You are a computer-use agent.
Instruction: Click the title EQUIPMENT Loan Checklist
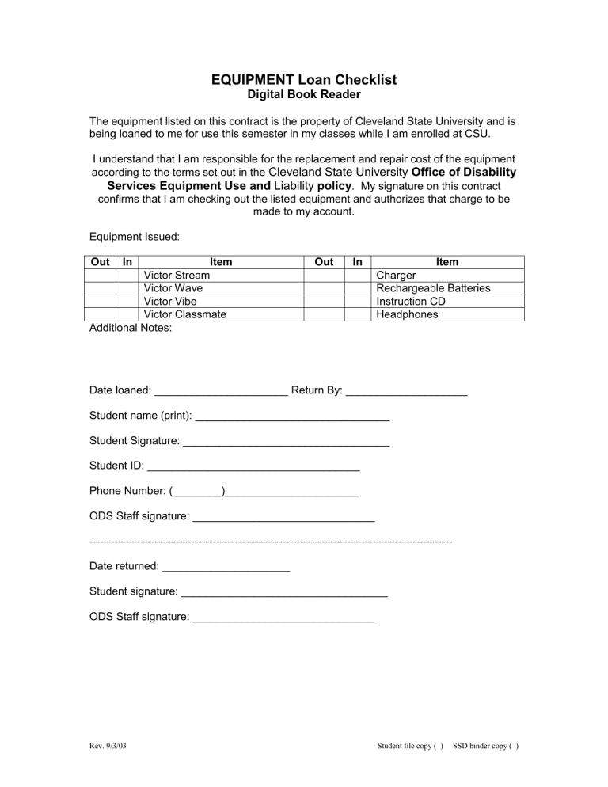(x=304, y=79)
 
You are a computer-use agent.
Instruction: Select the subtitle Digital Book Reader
(x=304, y=95)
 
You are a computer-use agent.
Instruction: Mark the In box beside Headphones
(x=357, y=314)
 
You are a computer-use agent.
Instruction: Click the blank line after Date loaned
(x=221, y=391)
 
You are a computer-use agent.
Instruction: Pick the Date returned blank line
(x=226, y=568)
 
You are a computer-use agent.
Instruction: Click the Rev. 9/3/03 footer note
(x=107, y=745)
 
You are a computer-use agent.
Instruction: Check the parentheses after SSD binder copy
(x=512, y=746)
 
